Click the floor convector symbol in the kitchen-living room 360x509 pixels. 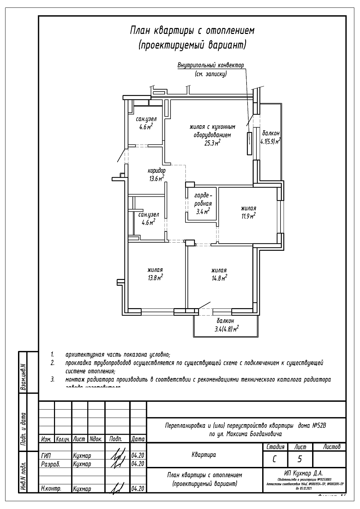[249, 143]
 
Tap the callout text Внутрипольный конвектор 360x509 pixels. [211, 65]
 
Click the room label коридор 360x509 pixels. [157, 171]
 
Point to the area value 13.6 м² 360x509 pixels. [157, 178]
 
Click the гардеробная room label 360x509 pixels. [203, 200]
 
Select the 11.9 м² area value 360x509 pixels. [248, 216]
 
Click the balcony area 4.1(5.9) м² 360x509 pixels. [270, 142]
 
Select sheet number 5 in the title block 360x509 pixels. [300, 459]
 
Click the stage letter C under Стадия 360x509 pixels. [275, 459]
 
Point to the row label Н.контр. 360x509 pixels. [51, 489]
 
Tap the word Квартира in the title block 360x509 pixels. [204, 455]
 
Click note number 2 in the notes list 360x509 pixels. [53, 363]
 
